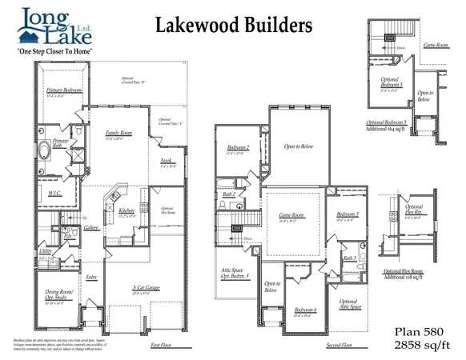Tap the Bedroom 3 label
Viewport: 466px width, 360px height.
pos(347,215)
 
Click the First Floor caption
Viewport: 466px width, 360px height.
pos(161,345)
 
